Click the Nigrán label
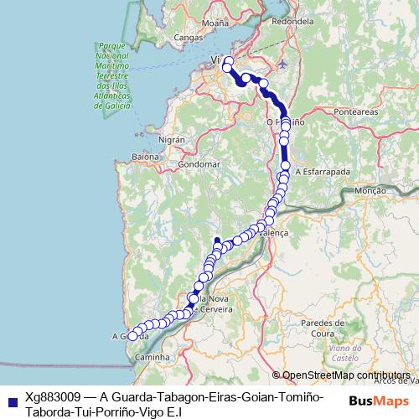coord(171,139)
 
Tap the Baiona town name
coord(145,157)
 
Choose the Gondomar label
coord(201,163)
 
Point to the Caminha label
coord(152,357)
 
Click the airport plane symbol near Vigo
coord(282,63)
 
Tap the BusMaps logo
coord(380,401)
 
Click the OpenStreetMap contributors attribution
coord(345,375)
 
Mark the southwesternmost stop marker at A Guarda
coord(132,337)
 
